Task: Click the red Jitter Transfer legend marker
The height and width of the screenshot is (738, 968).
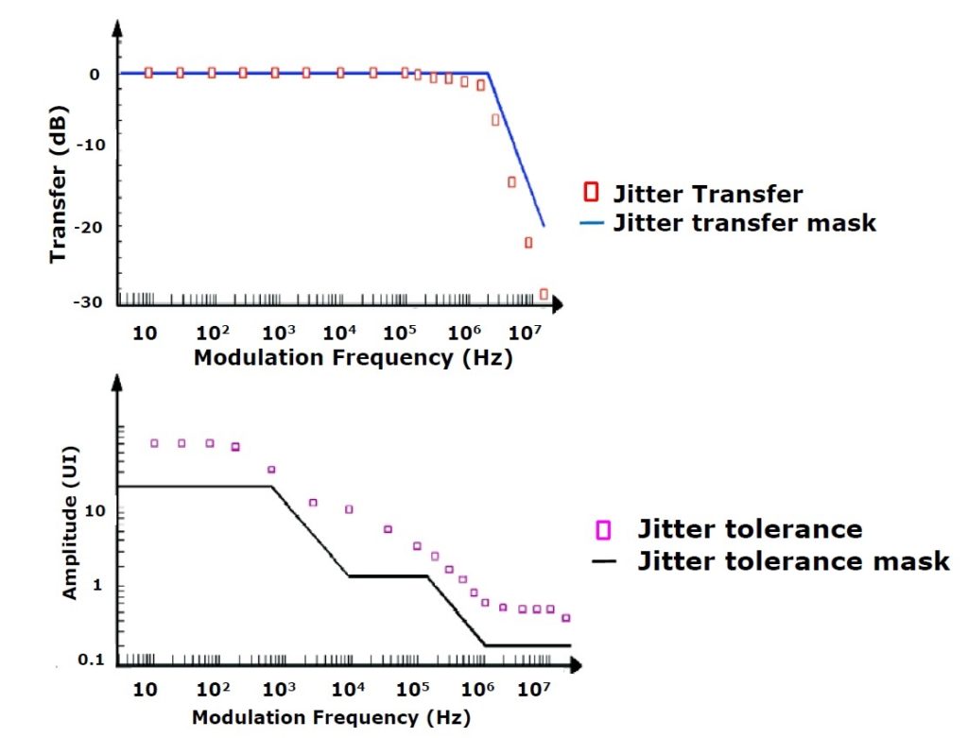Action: point(591,193)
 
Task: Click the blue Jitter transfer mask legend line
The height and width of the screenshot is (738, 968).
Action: point(591,224)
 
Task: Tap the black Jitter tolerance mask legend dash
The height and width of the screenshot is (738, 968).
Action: point(605,561)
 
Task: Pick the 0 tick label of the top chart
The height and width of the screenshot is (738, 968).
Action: point(94,74)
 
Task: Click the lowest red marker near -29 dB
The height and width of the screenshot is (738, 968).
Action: point(544,294)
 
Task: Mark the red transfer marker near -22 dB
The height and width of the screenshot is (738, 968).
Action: point(528,243)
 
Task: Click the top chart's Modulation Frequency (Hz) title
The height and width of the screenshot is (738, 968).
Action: point(353,358)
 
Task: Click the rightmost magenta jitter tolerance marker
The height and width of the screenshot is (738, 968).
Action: point(566,618)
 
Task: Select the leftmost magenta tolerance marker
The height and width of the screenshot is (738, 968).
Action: point(154,443)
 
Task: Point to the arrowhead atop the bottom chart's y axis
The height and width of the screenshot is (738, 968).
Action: point(118,385)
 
